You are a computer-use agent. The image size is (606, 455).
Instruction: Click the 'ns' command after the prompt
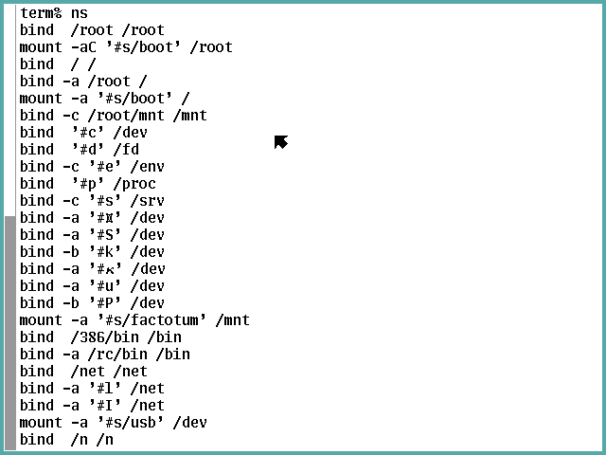80,13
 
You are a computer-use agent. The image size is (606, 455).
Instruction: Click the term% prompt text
41,13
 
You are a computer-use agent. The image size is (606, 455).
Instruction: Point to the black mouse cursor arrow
280,142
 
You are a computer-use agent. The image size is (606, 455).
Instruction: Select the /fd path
126,150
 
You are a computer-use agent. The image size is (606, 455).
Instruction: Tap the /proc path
134,184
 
